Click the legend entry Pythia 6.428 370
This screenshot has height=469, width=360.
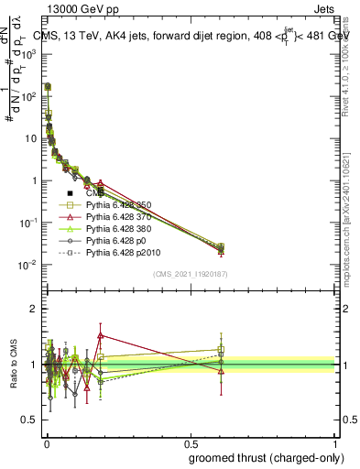point(118,216)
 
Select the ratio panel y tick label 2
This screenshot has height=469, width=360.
point(32,309)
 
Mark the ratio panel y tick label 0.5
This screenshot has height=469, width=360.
point(28,420)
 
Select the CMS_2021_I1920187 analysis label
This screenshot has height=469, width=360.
point(191,274)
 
